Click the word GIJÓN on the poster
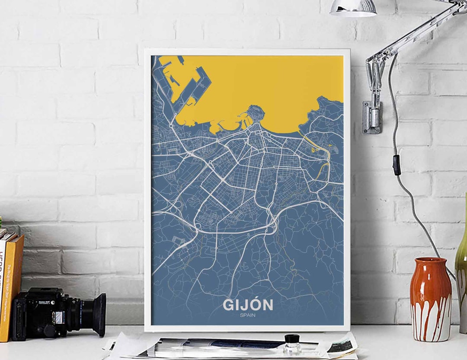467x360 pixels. tap(248, 305)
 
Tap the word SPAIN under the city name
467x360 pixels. tap(248, 315)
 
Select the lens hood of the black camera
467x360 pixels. tap(96, 315)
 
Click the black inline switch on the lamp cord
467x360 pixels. tap(396, 165)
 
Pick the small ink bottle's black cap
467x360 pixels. tap(292, 338)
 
